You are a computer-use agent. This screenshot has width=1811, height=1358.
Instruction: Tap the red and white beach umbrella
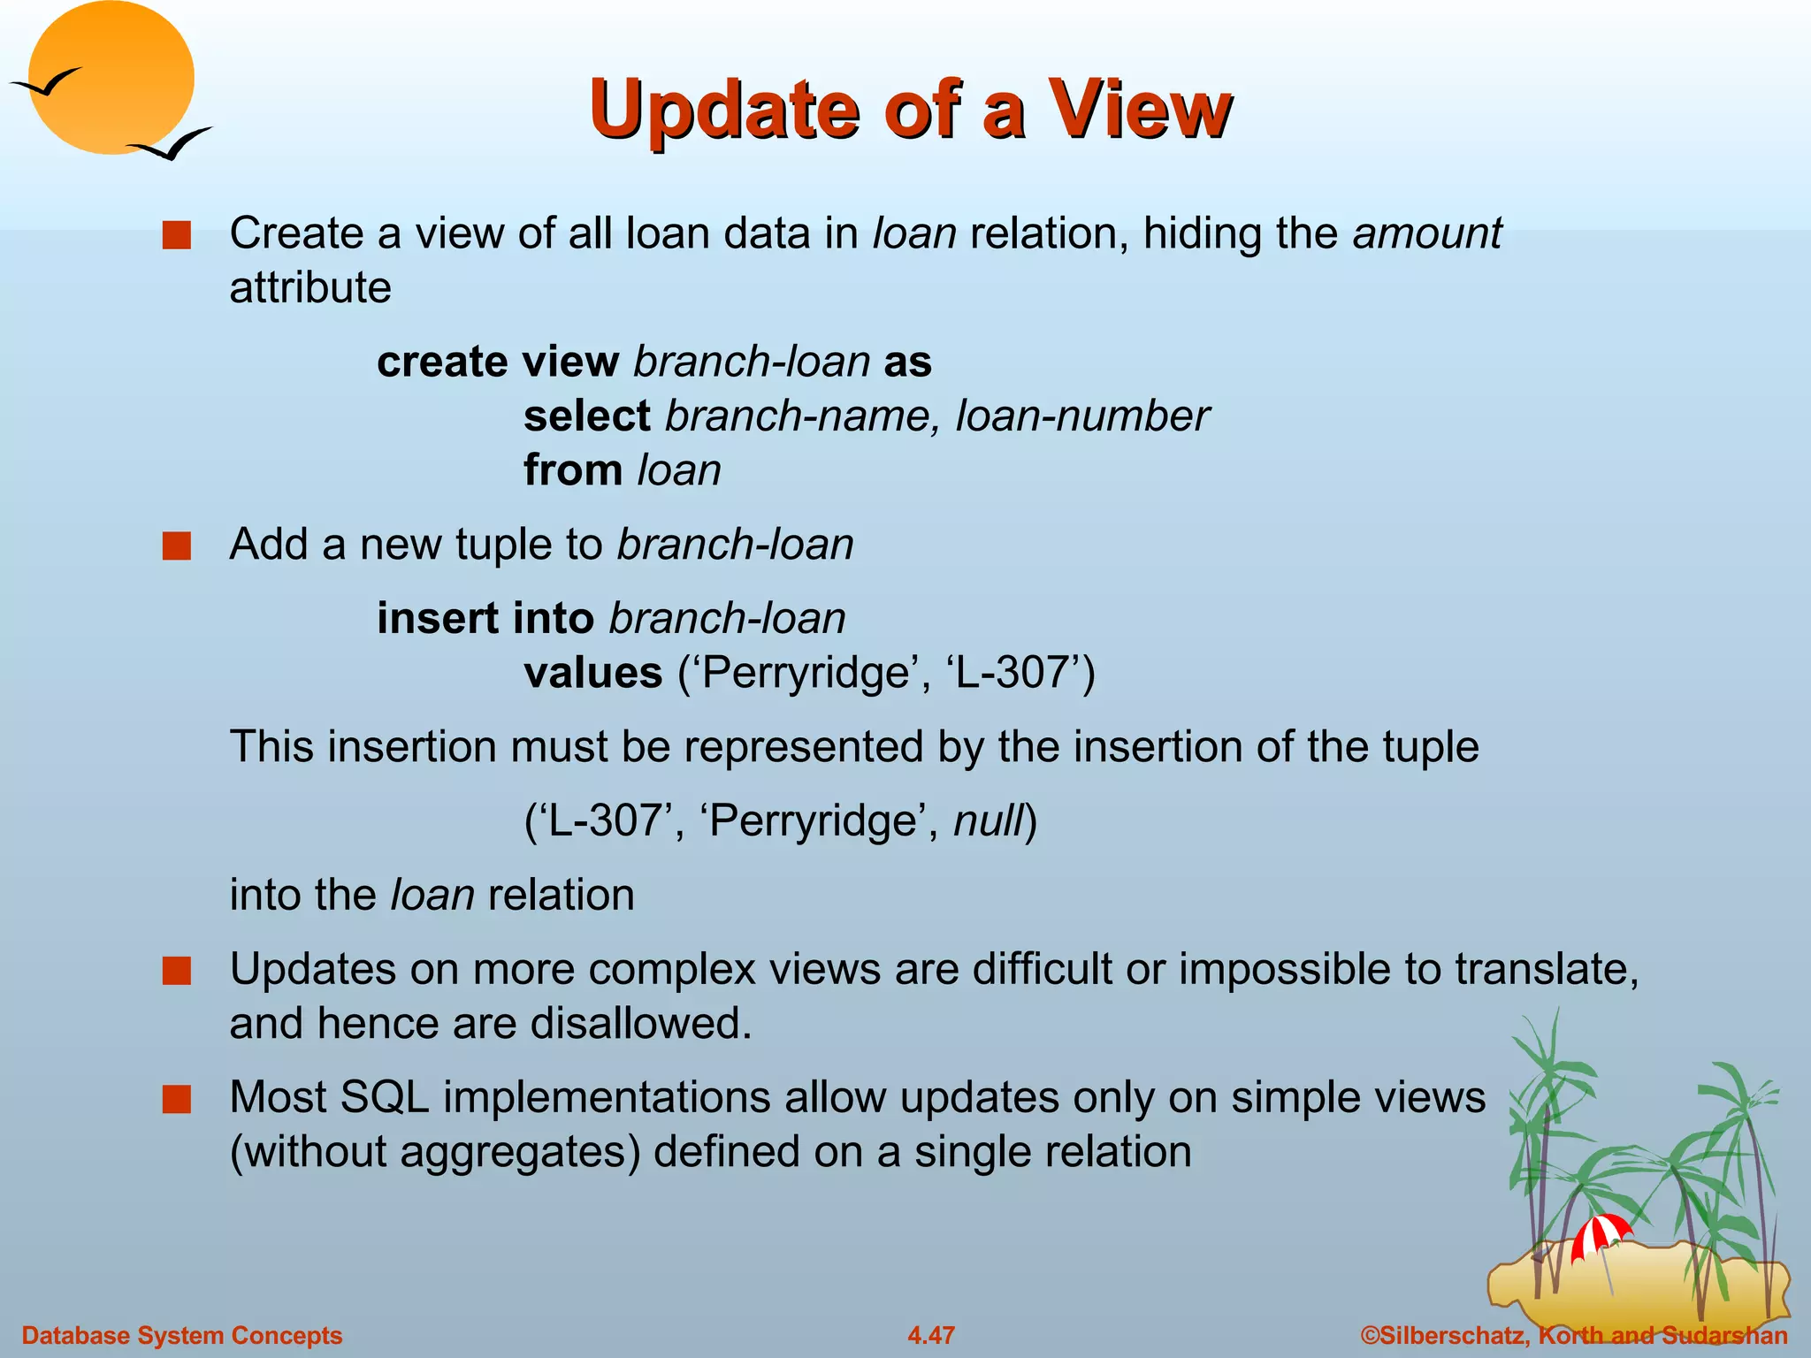point(1600,1232)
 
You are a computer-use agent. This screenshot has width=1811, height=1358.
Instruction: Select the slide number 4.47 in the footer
point(931,1335)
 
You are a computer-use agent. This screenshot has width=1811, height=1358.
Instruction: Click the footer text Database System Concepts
point(182,1335)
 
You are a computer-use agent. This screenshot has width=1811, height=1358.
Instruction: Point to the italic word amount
point(1426,233)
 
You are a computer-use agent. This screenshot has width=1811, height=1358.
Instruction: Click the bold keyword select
point(586,416)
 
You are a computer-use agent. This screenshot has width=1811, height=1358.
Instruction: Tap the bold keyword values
point(592,673)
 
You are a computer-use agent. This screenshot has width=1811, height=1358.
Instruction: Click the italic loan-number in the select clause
point(1081,416)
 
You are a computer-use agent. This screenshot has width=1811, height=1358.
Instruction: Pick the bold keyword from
point(573,470)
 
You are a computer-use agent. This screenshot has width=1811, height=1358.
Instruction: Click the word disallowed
point(640,1024)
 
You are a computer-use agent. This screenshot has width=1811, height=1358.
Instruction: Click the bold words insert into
point(485,618)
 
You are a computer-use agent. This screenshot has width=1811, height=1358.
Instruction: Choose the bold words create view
point(498,362)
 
